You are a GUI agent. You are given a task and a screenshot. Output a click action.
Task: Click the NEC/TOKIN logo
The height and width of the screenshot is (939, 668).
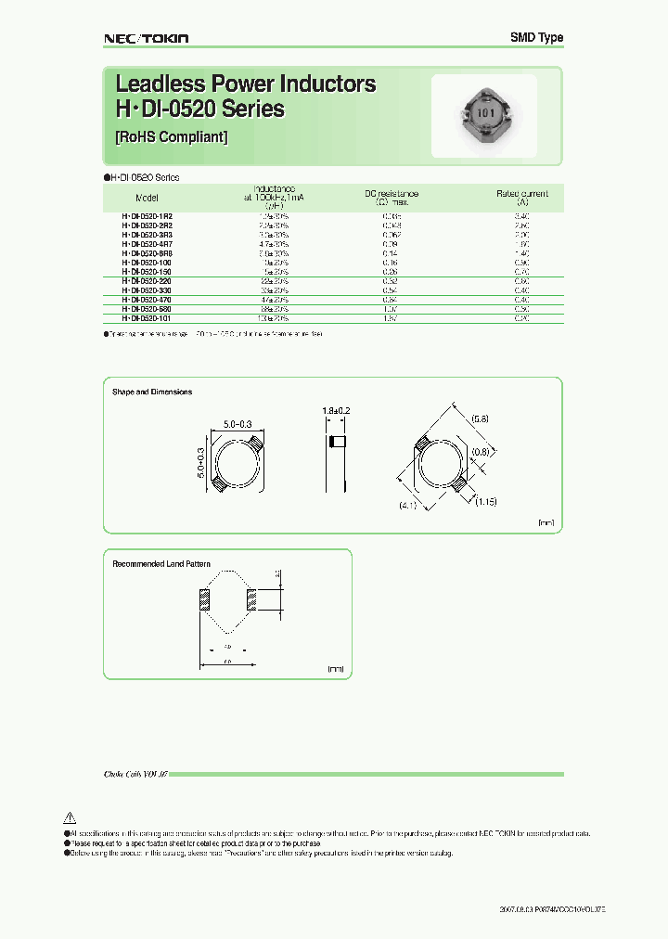[145, 38]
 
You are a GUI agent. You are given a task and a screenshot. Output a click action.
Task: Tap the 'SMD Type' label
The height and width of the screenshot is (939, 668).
[536, 38]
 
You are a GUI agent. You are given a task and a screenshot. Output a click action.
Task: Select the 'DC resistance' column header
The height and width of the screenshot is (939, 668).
[391, 194]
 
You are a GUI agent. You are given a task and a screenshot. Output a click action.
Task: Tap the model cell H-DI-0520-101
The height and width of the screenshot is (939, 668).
[147, 318]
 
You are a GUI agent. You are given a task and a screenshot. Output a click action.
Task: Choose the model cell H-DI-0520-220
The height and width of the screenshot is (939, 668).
[147, 280]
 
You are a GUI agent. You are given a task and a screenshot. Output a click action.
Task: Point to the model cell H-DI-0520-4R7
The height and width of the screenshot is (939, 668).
[147, 243]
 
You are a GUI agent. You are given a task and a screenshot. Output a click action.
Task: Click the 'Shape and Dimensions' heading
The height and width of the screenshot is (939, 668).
[152, 392]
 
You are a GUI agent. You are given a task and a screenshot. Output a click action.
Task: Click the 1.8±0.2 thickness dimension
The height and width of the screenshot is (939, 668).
[337, 410]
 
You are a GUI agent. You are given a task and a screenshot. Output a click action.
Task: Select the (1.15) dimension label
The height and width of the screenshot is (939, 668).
[487, 502]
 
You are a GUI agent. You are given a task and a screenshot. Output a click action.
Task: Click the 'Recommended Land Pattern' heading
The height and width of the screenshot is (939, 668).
[161, 564]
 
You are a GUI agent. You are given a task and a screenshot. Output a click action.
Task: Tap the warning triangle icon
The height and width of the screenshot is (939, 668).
[69, 817]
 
